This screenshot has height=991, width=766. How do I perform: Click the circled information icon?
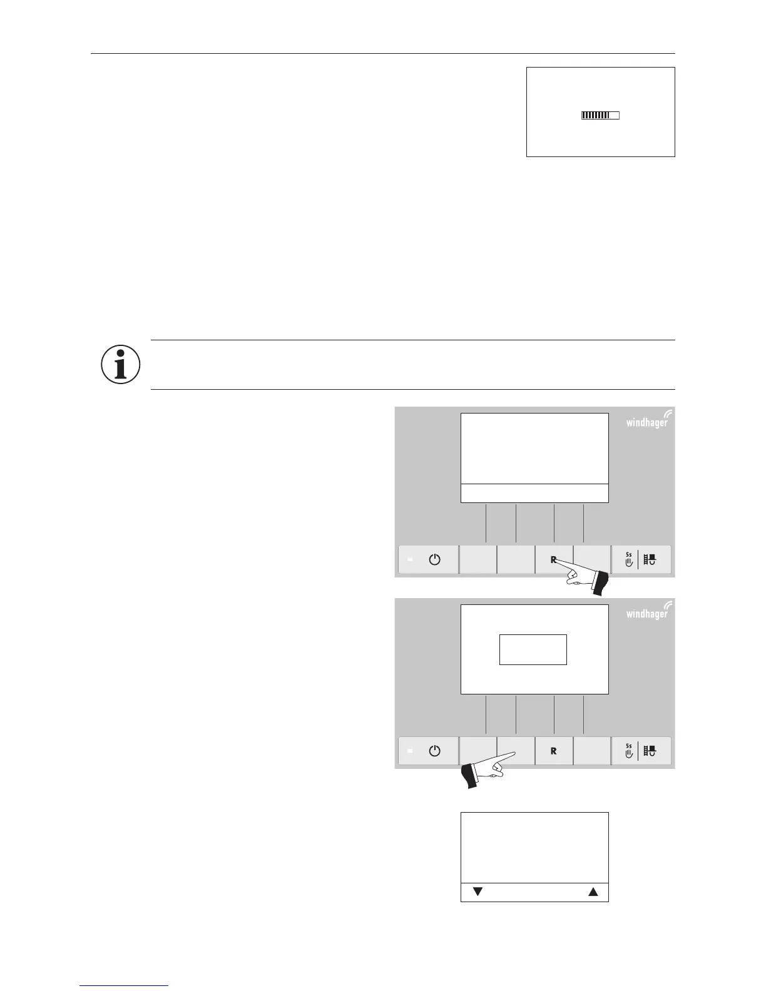coord(121,364)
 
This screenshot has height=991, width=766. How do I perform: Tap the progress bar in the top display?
coord(600,115)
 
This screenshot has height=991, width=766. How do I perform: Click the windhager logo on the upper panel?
coord(648,421)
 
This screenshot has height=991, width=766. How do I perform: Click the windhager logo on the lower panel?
coord(648,612)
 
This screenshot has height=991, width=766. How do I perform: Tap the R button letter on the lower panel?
coord(553,751)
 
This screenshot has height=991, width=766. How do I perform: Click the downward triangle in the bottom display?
coord(477,892)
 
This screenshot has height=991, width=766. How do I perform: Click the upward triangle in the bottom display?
coord(593,892)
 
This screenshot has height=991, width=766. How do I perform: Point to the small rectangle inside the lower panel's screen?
coord(533,649)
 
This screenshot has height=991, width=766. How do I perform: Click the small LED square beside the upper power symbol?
coord(411,560)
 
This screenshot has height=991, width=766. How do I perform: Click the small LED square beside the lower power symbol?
coord(411,751)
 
